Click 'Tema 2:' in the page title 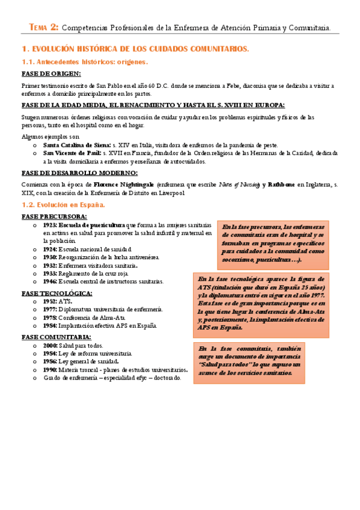click(44, 26)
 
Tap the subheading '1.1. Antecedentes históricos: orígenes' click(84, 61)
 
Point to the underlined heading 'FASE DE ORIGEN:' click(51, 73)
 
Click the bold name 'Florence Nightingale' click(123, 183)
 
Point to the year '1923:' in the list click(50, 224)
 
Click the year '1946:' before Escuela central click(50, 281)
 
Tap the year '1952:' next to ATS click(50, 301)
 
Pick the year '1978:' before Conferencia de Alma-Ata click(50, 318)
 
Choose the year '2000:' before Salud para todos click(50, 346)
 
